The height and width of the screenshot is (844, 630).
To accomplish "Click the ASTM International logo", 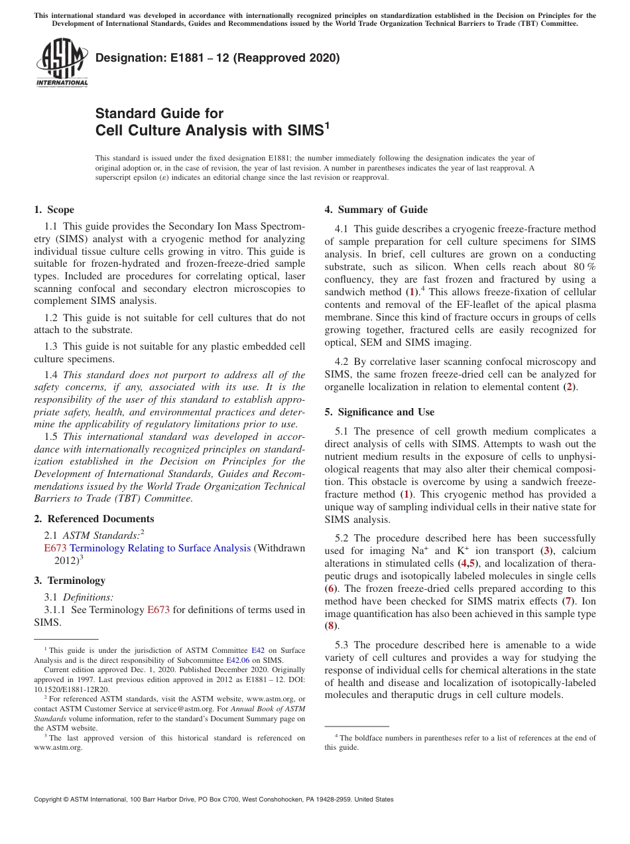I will pyautogui.click(x=61, y=64).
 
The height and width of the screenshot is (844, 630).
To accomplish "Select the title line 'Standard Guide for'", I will pyautogui.click(x=159, y=113).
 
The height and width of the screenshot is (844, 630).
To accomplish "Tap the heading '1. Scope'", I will pyautogui.click(x=54, y=210).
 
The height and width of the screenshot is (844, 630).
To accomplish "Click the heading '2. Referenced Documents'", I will pyautogui.click(x=94, y=519).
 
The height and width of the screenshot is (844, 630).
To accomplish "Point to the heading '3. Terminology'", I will pyautogui.click(x=69, y=581).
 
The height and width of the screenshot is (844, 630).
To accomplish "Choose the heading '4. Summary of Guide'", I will pyautogui.click(x=376, y=210).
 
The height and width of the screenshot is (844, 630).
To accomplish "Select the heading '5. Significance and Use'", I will pyautogui.click(x=379, y=412).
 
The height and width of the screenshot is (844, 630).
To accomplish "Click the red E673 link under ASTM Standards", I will pyautogui.click(x=55, y=548).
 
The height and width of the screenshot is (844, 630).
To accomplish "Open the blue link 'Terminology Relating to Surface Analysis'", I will pyautogui.click(x=160, y=548).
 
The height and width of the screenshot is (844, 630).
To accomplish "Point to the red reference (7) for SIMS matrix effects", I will pyautogui.click(x=567, y=601).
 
